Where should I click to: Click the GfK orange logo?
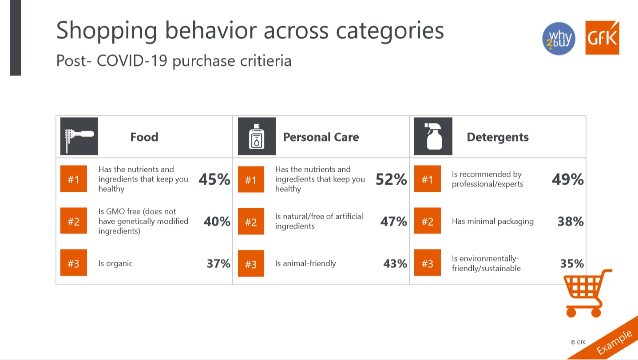(602, 38)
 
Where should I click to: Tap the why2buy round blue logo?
(559, 39)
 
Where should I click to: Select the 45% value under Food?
(214, 179)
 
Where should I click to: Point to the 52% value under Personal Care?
(391, 179)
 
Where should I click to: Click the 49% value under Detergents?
(567, 179)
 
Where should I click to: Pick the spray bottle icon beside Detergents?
(433, 136)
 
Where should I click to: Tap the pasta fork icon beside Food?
(79, 136)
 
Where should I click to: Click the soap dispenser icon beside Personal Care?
(257, 136)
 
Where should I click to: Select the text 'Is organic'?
(115, 264)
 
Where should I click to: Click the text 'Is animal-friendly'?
(305, 264)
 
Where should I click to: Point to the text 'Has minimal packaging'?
(492, 222)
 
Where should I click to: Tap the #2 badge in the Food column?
(74, 221)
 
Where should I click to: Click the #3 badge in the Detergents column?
(427, 264)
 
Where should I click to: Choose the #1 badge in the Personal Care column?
(251, 179)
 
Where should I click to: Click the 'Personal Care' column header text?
(321, 137)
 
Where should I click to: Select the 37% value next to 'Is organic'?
(218, 264)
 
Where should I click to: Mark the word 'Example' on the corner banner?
(614, 342)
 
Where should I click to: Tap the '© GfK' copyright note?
(578, 342)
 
